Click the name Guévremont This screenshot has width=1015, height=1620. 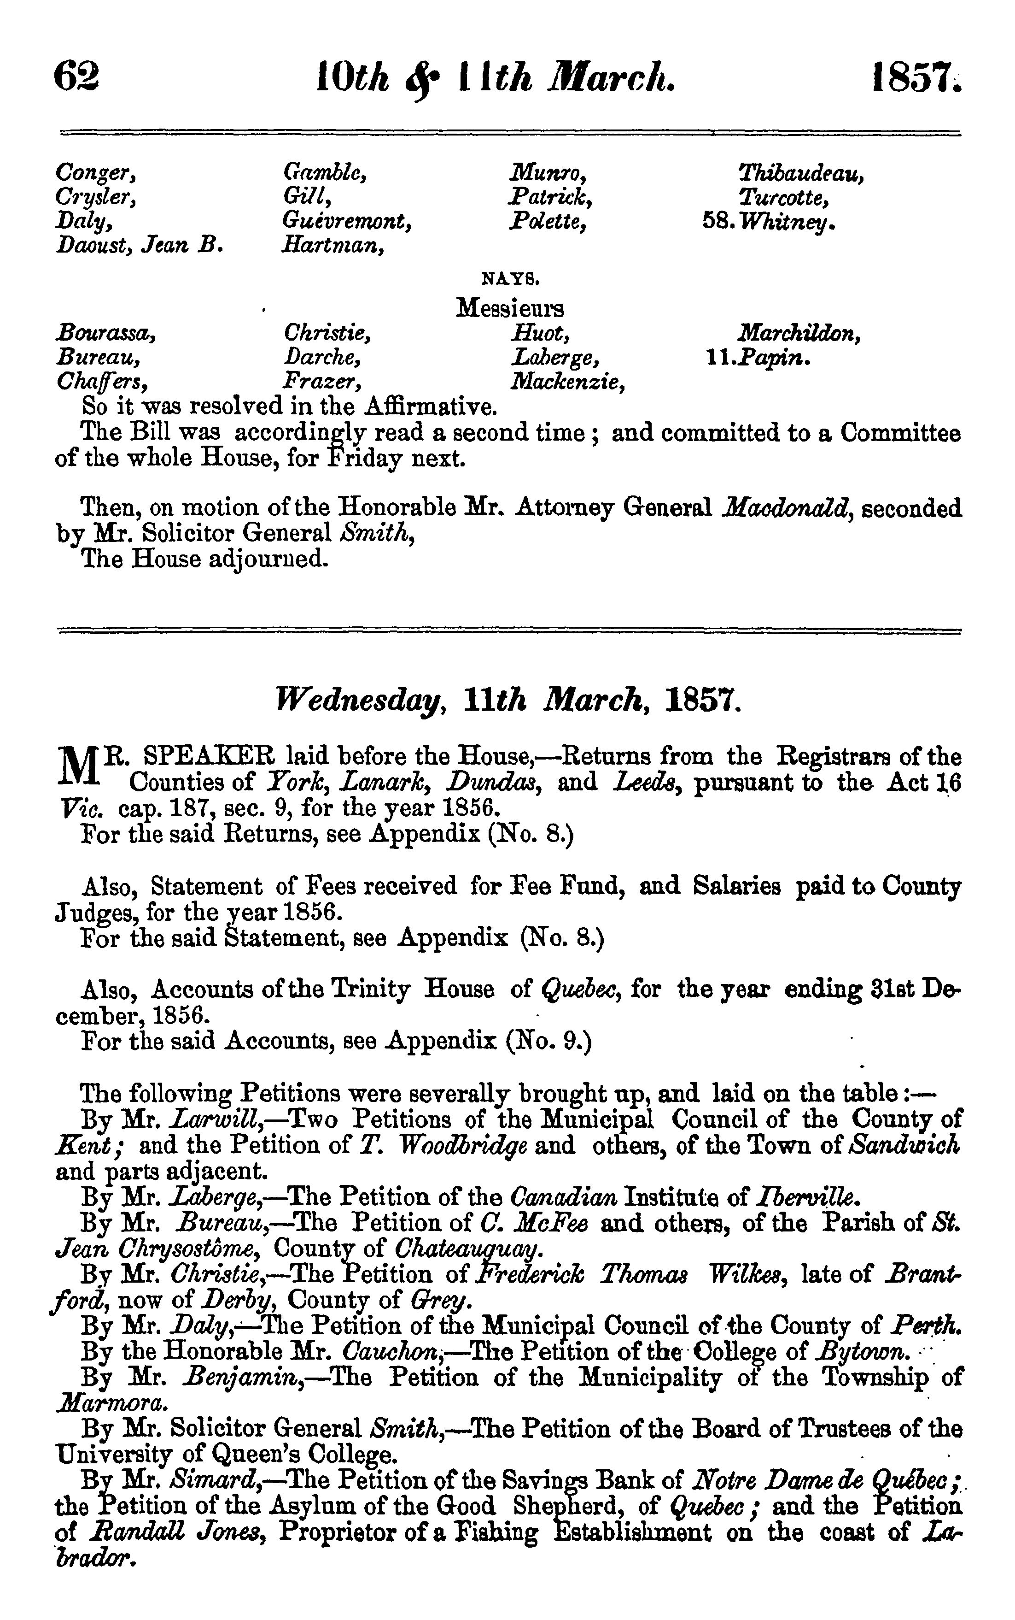[x=347, y=221]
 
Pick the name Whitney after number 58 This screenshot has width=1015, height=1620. [x=787, y=222]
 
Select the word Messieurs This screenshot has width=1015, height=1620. [x=510, y=308]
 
